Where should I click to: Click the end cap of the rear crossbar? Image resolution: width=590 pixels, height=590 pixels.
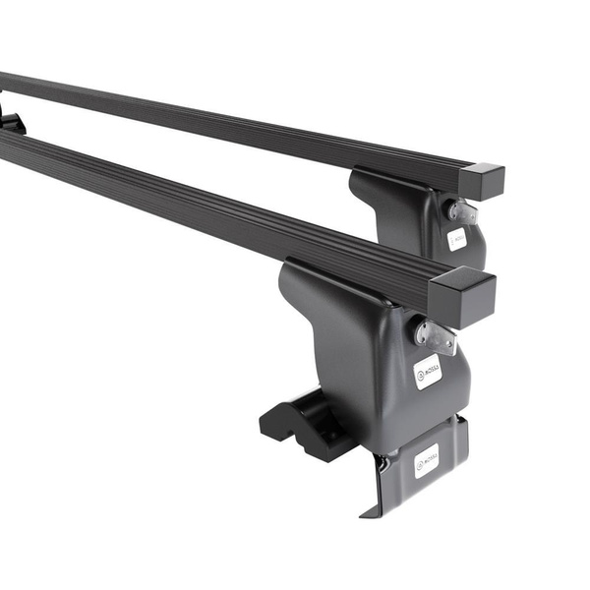click(481, 182)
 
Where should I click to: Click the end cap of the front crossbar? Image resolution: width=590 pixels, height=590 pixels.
click(462, 296)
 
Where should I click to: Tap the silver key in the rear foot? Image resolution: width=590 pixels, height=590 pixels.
click(460, 210)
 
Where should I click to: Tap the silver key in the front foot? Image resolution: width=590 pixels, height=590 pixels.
click(436, 335)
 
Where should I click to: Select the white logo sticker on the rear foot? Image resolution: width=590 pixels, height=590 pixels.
click(457, 239)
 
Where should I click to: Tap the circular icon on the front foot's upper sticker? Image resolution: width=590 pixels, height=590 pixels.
click(422, 375)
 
